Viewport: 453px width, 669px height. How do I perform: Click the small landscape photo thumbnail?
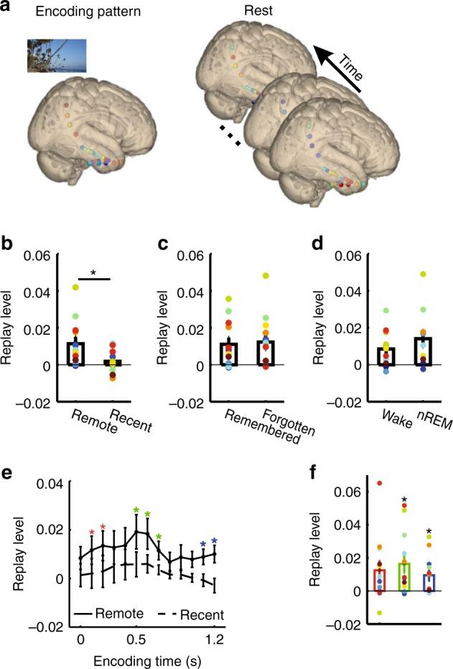point(57,56)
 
